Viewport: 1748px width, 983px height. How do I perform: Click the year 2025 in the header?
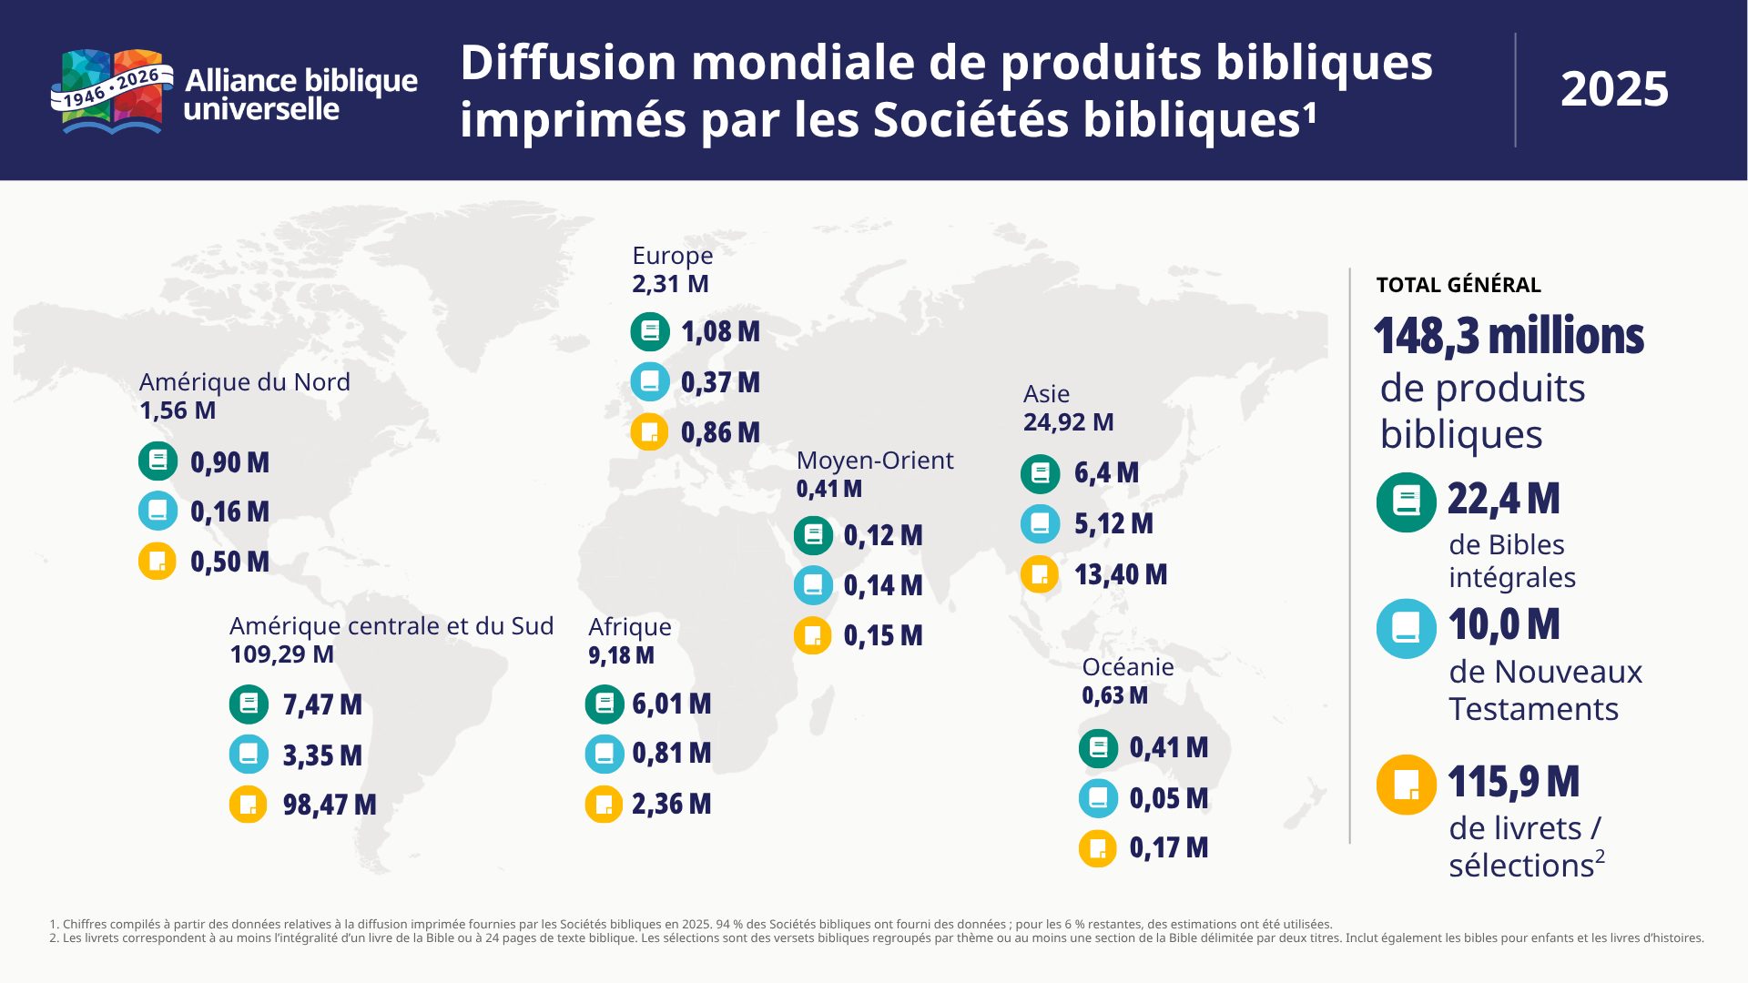click(1614, 89)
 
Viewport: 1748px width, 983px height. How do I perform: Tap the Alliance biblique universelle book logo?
click(112, 92)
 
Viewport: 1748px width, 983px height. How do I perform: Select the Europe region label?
click(673, 256)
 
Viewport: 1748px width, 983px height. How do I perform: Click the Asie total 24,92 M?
click(1069, 422)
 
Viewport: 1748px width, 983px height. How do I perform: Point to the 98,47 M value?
click(330, 805)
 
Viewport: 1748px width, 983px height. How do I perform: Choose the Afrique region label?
click(630, 627)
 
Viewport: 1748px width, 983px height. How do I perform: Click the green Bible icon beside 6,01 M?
click(604, 704)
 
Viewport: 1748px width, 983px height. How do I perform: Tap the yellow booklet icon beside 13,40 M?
click(1040, 574)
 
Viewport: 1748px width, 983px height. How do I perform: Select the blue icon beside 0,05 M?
click(1098, 798)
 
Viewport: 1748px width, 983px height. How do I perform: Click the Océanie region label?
click(1128, 667)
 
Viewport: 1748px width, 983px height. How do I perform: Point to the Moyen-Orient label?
click(875, 461)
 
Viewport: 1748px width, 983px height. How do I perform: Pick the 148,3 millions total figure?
click(1509, 336)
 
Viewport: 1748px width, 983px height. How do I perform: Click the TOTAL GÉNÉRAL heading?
click(1458, 285)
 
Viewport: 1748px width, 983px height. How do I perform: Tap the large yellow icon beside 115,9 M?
click(1407, 785)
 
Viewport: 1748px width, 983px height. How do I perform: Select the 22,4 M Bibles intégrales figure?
click(1504, 499)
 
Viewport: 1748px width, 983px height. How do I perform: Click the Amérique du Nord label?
click(245, 382)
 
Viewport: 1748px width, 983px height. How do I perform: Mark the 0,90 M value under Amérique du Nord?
click(230, 462)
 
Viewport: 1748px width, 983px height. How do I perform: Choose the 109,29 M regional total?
click(282, 654)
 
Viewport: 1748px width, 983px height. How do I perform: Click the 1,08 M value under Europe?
click(721, 332)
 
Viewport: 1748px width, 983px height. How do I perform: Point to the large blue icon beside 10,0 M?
click(1407, 629)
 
